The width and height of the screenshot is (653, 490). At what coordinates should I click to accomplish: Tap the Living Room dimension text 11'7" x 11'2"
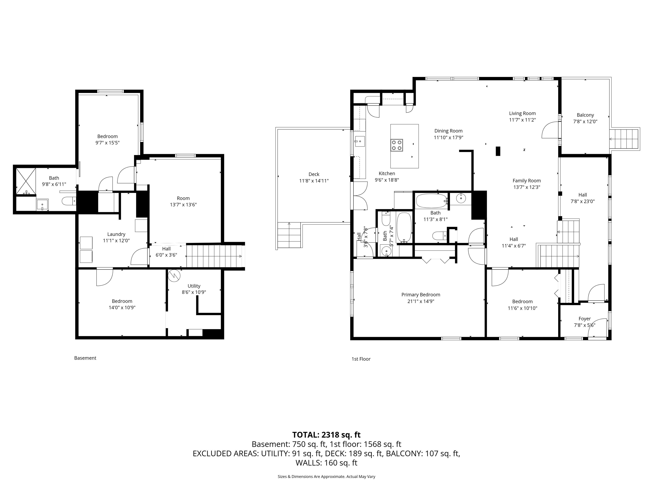click(522, 120)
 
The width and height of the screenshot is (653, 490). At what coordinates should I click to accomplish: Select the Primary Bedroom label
click(420, 295)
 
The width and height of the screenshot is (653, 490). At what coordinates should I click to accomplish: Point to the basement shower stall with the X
click(26, 181)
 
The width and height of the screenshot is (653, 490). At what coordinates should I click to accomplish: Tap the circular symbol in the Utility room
click(174, 276)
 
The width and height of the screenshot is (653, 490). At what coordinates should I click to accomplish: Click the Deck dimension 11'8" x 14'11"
click(314, 181)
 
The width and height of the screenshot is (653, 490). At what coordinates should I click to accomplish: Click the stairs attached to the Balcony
click(625, 139)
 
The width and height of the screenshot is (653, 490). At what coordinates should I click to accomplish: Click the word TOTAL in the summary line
click(305, 435)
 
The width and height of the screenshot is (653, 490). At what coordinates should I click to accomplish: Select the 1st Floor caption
click(361, 359)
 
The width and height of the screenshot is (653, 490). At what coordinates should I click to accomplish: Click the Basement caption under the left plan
click(85, 358)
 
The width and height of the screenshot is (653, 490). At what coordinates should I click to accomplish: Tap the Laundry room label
click(116, 234)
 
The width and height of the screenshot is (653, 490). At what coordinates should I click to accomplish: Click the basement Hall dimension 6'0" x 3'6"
click(166, 255)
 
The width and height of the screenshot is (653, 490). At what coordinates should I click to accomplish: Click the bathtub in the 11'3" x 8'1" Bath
click(431, 201)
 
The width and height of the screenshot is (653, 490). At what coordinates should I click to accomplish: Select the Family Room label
click(526, 181)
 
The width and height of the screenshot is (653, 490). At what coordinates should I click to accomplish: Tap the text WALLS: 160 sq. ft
click(326, 463)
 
